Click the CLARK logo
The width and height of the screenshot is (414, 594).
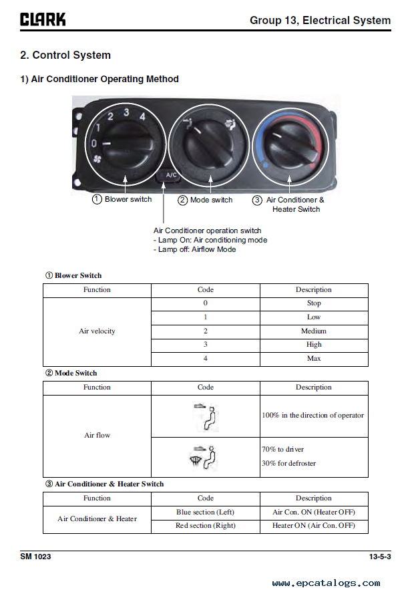coord(43,19)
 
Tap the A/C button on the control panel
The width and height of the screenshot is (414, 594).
coord(170,176)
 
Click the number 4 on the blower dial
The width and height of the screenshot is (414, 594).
coord(142,116)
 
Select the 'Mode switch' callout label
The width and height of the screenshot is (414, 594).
coord(206,200)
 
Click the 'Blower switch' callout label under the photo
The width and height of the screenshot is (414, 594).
coord(122,199)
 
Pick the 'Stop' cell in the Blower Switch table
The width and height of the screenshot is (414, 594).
coord(314,303)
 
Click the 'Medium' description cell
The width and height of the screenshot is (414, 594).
coord(314,331)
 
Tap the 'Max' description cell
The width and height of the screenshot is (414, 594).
coord(314,359)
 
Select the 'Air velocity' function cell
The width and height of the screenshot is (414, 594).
coord(97,331)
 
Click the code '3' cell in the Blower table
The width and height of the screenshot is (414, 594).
coord(206,345)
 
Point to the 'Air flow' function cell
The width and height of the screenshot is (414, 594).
coord(97,436)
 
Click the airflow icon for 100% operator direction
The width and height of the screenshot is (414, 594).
coord(206,416)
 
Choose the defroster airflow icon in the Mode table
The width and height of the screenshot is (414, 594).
coord(206,457)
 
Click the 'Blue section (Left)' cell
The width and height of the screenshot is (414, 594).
coord(206,512)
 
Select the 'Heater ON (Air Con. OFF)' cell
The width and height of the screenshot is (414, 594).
coord(314,526)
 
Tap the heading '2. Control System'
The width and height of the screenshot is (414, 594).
coord(65,55)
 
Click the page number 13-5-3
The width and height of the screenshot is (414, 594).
coord(379,557)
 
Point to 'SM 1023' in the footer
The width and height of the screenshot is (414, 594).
coord(35,557)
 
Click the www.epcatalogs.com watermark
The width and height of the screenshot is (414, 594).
coord(326,583)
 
